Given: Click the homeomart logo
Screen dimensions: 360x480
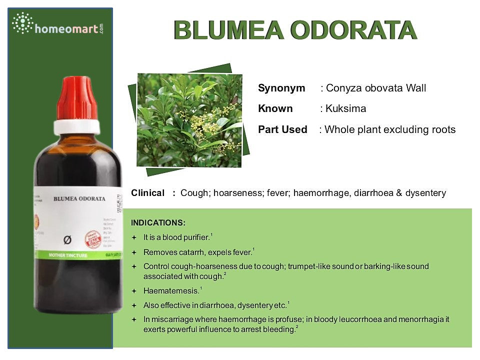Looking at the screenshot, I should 58,25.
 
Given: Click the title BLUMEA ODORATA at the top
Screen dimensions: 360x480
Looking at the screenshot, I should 295,30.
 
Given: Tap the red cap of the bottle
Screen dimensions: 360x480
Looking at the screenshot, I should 77,98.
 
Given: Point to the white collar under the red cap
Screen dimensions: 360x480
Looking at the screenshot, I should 77,127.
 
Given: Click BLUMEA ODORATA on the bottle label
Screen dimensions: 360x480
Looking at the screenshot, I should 79,198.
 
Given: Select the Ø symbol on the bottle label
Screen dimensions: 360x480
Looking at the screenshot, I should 67,240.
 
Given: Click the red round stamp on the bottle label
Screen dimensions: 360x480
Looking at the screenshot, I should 93,238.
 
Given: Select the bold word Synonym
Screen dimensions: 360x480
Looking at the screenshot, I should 281,88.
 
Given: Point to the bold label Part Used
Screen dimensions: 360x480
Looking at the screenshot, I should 282,129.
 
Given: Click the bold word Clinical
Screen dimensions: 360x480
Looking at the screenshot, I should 147,193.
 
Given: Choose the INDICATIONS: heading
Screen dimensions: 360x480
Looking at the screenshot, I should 158,222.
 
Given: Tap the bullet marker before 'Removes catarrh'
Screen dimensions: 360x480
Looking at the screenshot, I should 133,252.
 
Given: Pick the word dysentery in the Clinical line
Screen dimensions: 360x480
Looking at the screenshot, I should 425,193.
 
